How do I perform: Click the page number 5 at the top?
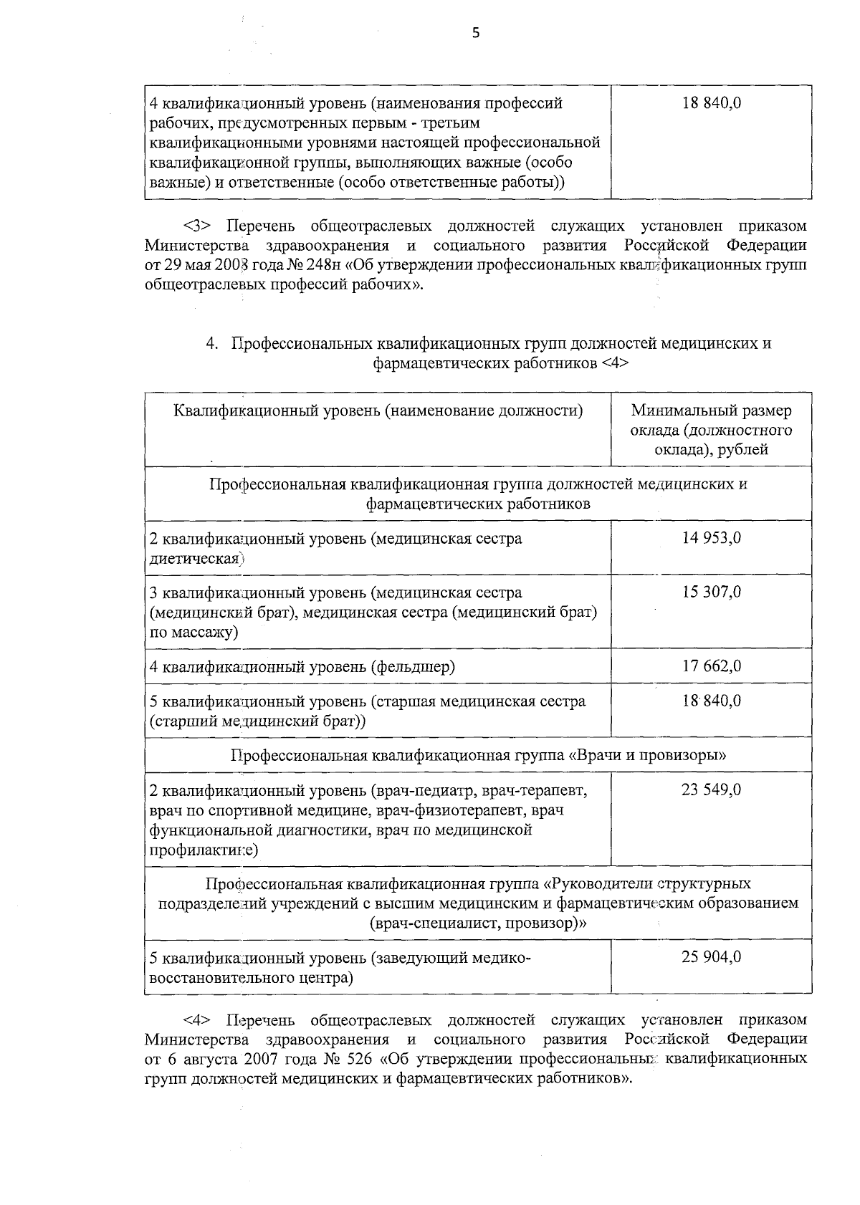click(x=475, y=33)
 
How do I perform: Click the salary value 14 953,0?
click(x=712, y=538)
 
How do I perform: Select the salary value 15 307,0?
click(x=712, y=592)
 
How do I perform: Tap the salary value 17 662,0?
click(x=712, y=666)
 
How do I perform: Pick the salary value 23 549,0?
click(x=712, y=789)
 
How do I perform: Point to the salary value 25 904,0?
click(x=712, y=957)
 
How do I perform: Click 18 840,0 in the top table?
click(x=712, y=102)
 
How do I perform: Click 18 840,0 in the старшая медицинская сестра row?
click(x=712, y=701)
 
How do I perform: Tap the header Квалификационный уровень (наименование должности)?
click(x=378, y=411)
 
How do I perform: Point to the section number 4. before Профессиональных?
click(x=212, y=343)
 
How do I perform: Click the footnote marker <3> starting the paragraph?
click(x=196, y=226)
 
